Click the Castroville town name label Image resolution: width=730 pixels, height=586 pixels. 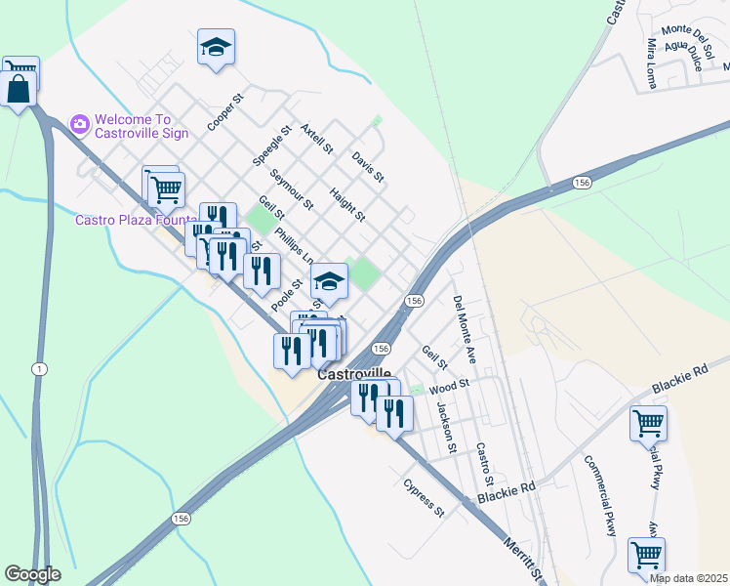tap(354, 374)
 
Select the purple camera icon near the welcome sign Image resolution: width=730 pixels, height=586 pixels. tap(80, 123)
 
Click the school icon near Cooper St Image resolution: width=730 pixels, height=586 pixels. tap(216, 47)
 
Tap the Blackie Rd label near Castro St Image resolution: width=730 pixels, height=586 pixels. tap(507, 494)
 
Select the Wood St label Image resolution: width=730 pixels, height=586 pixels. tap(450, 385)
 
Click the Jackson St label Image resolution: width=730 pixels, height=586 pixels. tap(447, 428)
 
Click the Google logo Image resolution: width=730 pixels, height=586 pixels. tap(32, 573)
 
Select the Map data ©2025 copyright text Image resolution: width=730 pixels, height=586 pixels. tap(689, 578)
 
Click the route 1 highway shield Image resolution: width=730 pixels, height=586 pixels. tap(38, 368)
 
